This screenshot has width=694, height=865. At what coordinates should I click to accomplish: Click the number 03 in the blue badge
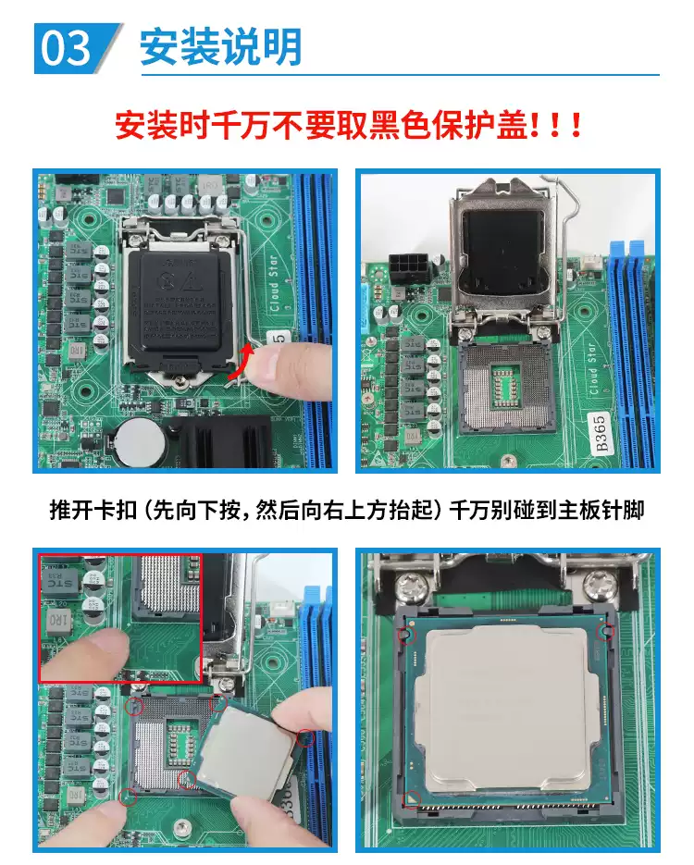66,48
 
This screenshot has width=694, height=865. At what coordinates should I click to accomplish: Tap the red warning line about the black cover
347,125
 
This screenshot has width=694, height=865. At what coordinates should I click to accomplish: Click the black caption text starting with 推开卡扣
347,510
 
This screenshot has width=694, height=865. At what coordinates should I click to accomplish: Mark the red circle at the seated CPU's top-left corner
403,636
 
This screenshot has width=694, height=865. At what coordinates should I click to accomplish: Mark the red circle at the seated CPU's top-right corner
607,631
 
